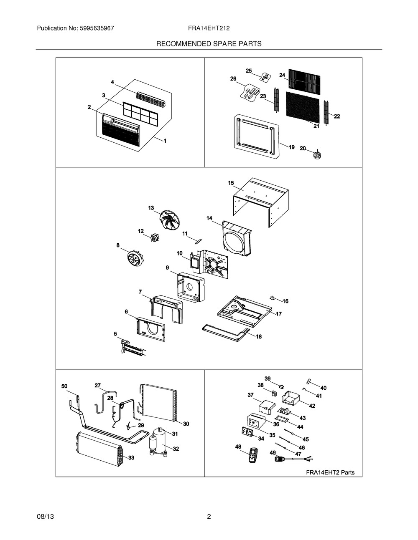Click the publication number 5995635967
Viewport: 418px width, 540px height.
tap(97, 28)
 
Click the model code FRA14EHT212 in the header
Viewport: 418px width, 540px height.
tap(209, 28)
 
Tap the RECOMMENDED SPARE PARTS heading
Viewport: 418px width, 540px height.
tap(209, 44)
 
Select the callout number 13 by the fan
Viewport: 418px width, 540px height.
tap(151, 208)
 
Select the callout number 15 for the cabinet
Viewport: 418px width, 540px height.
tap(231, 183)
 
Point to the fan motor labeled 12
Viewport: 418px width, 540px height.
tap(155, 238)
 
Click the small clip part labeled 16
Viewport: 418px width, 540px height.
tap(273, 298)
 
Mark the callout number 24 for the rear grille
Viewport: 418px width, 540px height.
tap(282, 75)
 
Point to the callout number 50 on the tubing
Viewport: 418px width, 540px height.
tap(64, 386)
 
